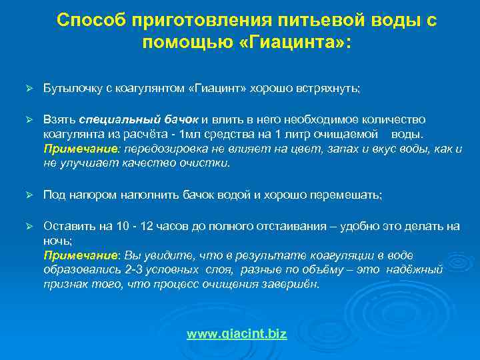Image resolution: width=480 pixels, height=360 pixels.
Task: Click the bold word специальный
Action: [111, 119]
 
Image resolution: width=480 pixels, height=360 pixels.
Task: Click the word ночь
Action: [57, 241]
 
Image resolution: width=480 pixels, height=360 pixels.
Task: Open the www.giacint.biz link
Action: [237, 334]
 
